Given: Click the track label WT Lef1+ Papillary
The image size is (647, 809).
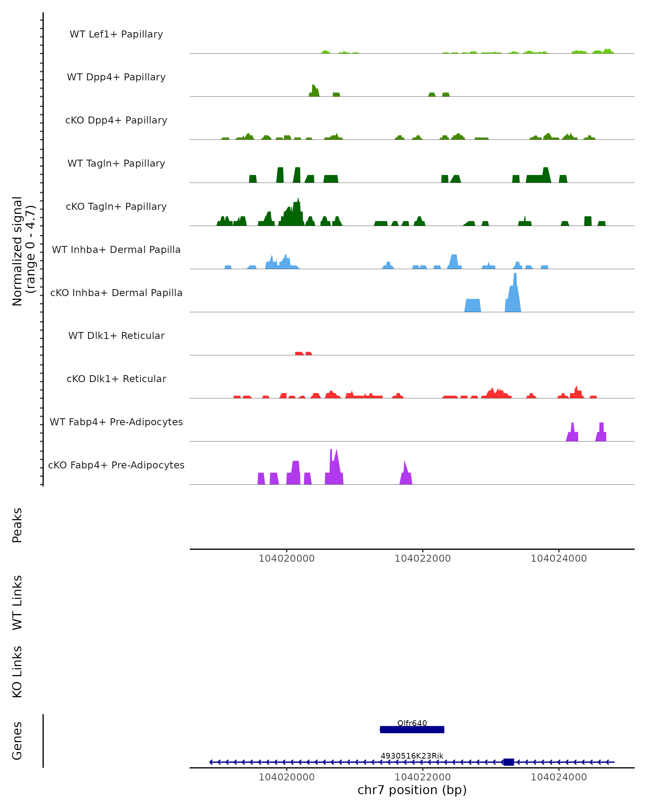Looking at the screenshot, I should coord(116,34).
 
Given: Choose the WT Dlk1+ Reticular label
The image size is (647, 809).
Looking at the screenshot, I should coord(116,335).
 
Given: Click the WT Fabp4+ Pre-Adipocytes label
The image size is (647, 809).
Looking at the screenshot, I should coord(116,422).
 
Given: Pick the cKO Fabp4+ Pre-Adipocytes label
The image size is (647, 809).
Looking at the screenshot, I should coord(116,465).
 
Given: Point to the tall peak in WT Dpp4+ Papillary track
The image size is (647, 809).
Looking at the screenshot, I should coord(314,90).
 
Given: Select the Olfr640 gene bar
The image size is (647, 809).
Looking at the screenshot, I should coord(412,729).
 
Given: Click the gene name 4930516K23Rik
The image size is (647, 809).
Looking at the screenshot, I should coord(412,756).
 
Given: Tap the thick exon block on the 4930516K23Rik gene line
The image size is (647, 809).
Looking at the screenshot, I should coord(509,762).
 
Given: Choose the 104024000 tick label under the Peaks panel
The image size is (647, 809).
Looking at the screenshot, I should coord(559,558).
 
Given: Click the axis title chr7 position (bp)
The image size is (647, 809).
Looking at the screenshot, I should coord(412,790).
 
